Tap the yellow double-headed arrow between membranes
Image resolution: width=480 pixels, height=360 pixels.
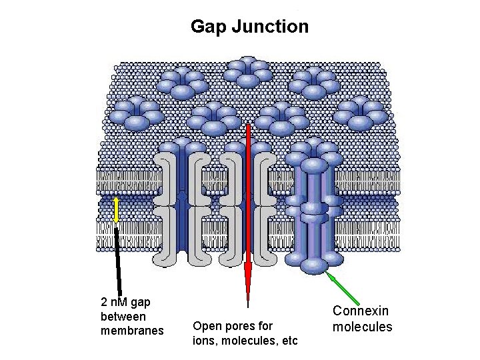click(x=116, y=209)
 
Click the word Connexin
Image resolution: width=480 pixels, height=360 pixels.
click(x=361, y=311)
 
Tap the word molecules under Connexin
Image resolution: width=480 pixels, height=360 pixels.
click(x=363, y=327)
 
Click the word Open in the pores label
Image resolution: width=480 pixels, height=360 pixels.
click(x=205, y=326)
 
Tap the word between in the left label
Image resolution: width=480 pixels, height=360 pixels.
click(x=123, y=316)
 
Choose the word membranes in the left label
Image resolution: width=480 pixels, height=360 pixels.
click(x=132, y=330)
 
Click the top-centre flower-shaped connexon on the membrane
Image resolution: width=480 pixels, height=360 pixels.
click(x=248, y=71)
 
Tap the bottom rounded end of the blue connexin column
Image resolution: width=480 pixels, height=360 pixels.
click(x=313, y=266)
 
